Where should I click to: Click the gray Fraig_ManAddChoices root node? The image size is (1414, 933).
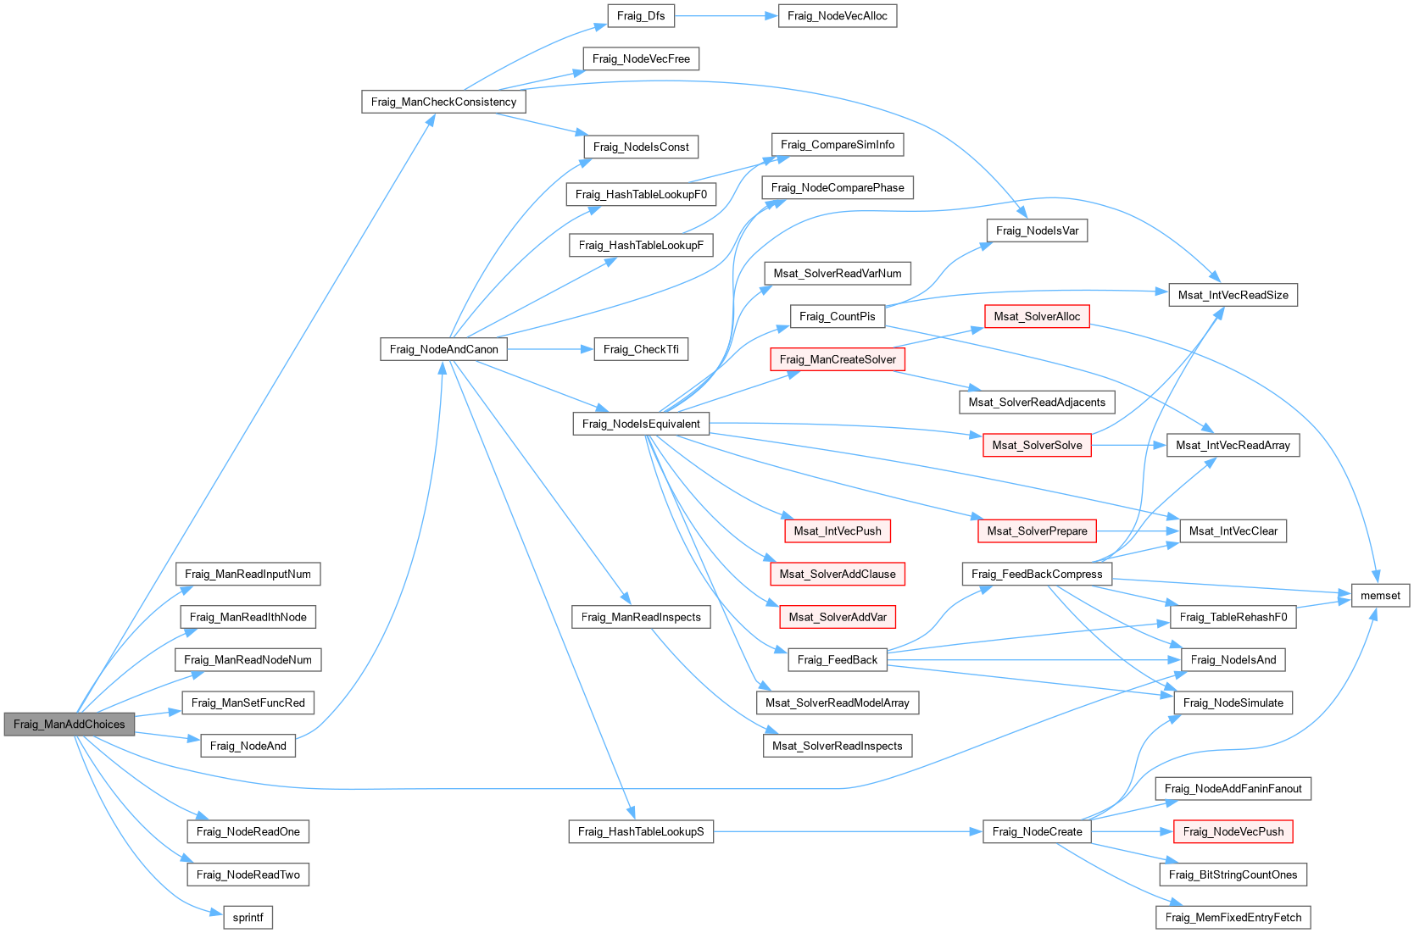click(69, 725)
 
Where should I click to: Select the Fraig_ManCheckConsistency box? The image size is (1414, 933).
click(443, 102)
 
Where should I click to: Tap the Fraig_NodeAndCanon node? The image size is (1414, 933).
click(443, 349)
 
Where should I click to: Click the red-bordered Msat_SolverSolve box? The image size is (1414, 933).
click(1037, 445)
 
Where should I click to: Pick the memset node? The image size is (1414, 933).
click(1380, 595)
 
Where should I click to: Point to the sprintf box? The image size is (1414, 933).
click(248, 917)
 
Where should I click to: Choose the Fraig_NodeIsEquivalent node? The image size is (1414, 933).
click(641, 424)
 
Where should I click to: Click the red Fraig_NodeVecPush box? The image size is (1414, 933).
click(1233, 831)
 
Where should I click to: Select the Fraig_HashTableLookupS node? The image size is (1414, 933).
click(641, 831)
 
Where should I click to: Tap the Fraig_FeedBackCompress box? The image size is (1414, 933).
click(1037, 574)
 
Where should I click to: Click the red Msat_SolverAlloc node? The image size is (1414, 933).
click(1037, 316)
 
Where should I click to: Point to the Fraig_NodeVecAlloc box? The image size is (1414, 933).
click(837, 15)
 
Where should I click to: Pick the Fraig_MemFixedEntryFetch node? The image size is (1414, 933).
click(1233, 917)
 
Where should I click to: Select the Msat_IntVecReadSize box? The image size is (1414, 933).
click(1233, 295)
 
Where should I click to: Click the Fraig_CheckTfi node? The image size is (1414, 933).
click(641, 349)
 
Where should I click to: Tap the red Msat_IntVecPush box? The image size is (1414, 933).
click(837, 530)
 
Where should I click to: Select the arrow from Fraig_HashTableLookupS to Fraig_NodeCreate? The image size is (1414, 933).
click(848, 831)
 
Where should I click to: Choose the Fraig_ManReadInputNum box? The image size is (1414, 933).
click(248, 574)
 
